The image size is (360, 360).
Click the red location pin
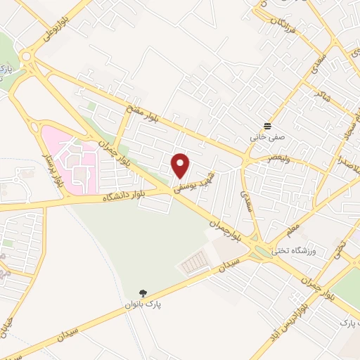181,165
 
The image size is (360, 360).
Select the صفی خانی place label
266,138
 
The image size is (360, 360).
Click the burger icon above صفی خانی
266,125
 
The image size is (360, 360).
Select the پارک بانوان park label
143,304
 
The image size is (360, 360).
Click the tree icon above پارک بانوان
143,292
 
